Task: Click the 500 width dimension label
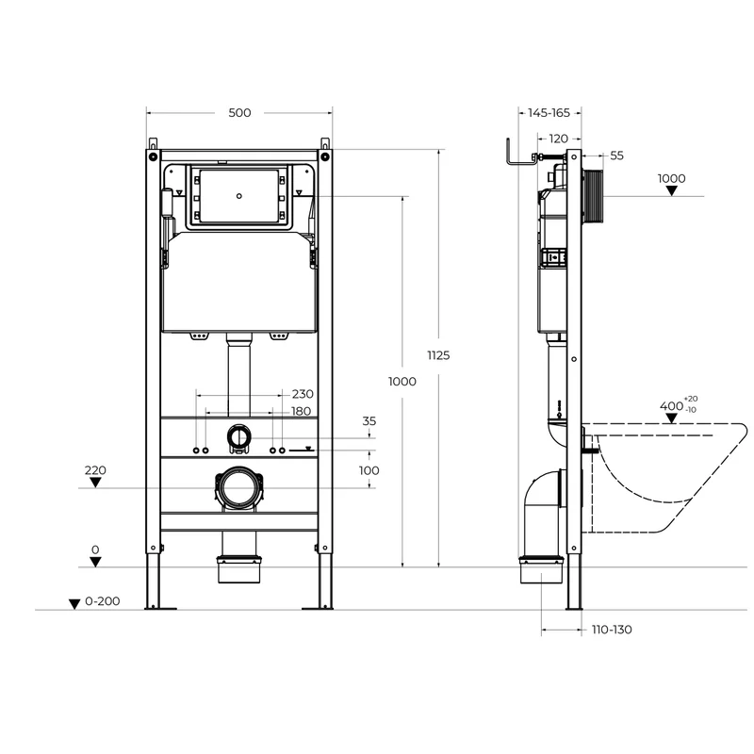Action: tap(239, 112)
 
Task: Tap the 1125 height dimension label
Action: tap(438, 355)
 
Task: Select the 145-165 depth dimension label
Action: tap(549, 112)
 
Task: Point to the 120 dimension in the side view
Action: tap(558, 139)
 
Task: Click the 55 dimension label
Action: tap(616, 156)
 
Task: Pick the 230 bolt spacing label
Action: tap(303, 394)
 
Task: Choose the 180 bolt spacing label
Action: tap(301, 411)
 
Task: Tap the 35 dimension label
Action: tap(369, 420)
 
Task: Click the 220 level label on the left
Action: tap(95, 469)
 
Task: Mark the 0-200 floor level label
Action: tap(103, 601)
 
